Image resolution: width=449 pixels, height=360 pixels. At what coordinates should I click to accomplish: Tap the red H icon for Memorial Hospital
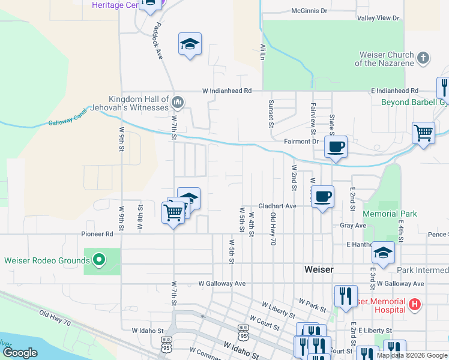point(414,304)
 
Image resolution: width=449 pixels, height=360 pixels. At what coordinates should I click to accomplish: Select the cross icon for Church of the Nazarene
point(423,58)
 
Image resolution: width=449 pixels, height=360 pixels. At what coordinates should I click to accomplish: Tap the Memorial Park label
point(390,214)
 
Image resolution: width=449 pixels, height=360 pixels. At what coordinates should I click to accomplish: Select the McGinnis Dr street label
point(309,11)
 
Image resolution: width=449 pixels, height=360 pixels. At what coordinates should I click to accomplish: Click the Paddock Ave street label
point(159,41)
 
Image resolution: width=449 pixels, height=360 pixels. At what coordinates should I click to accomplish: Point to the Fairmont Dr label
point(301,142)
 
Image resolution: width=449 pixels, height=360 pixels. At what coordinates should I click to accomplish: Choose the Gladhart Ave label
point(277,206)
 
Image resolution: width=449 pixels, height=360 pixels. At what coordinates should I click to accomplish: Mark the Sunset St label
point(271,114)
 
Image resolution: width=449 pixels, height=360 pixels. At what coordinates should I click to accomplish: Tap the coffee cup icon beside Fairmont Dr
point(336,146)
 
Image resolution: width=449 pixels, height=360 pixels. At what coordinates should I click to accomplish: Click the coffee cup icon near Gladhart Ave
point(322,196)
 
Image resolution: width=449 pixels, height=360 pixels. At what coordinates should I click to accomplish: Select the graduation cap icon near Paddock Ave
point(190,44)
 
